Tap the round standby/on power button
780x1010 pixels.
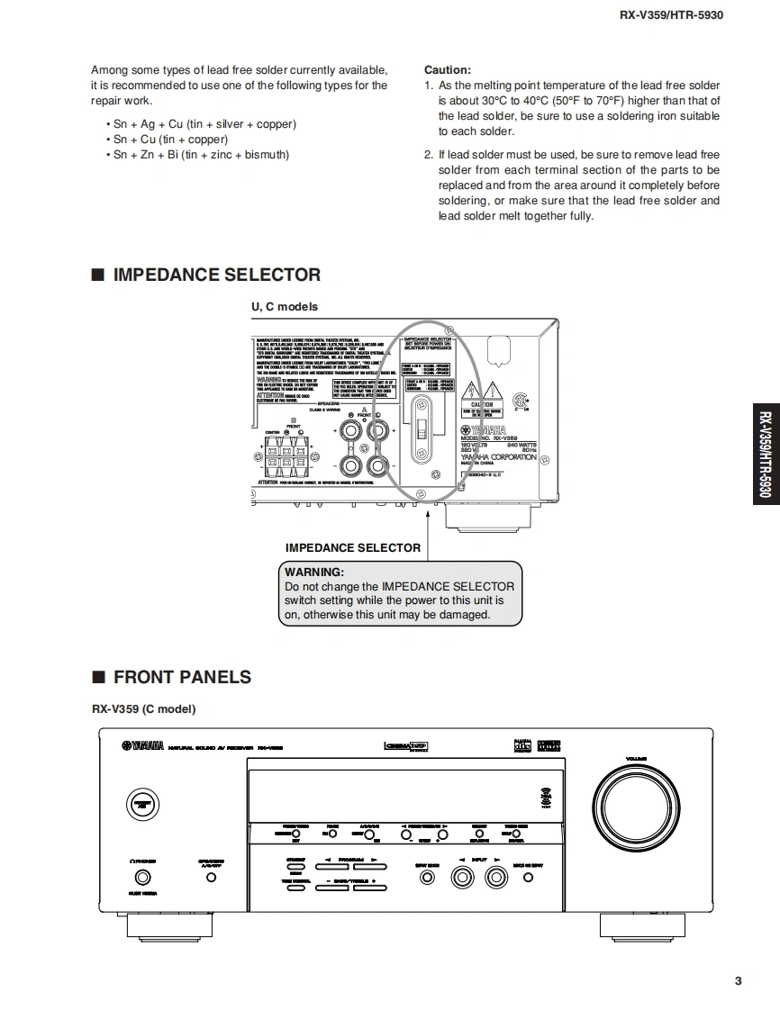140,804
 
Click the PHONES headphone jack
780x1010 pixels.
142,877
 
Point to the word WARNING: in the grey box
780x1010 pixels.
313,572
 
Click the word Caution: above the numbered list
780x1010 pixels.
447,70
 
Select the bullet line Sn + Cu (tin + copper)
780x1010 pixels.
170,140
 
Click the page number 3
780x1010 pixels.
738,981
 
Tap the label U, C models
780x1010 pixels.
284,306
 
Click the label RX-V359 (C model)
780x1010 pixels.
143,708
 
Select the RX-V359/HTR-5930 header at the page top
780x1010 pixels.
671,14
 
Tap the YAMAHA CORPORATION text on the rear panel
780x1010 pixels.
498,457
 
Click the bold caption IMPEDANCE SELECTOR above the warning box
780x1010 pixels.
352,547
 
